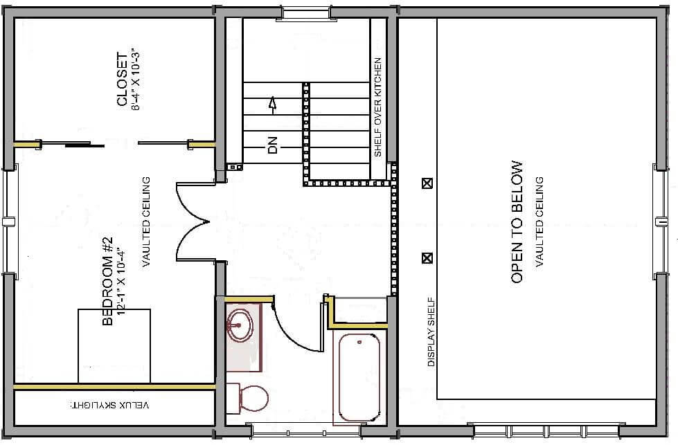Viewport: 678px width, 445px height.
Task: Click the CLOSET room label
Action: (x=123, y=80)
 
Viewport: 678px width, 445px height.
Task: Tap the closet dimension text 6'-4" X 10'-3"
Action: (x=136, y=80)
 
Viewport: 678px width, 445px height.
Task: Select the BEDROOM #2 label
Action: (x=107, y=281)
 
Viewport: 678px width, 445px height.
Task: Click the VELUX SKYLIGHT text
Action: (x=110, y=406)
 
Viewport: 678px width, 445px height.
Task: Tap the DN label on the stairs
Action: (x=272, y=145)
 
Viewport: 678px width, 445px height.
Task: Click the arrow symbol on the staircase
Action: (x=272, y=106)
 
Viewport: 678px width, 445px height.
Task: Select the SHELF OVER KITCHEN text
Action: (x=378, y=107)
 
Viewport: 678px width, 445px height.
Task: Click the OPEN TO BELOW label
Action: (x=517, y=222)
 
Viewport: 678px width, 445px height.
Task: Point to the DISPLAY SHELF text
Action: (x=431, y=332)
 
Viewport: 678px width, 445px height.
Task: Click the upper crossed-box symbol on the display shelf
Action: (x=427, y=183)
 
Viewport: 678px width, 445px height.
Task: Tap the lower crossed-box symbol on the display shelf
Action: (x=427, y=258)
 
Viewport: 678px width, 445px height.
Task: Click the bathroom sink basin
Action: (x=240, y=325)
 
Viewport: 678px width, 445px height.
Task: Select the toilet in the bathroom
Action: (x=247, y=398)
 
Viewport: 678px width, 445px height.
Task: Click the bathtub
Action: (x=359, y=376)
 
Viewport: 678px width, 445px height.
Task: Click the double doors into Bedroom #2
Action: (x=193, y=222)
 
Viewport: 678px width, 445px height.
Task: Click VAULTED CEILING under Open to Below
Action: (x=539, y=222)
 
